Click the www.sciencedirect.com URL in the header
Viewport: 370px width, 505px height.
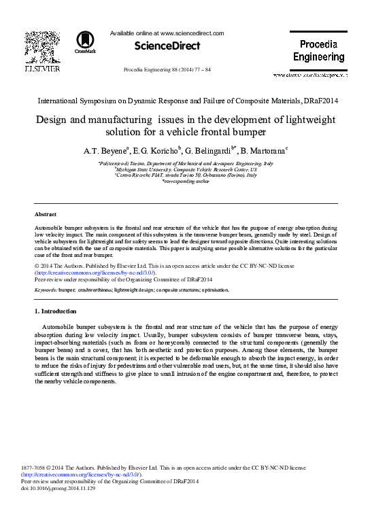pyautogui.click(x=192, y=32)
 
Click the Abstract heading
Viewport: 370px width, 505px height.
pyautogui.click(x=45, y=214)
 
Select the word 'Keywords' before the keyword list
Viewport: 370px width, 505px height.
pyautogui.click(x=46, y=290)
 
